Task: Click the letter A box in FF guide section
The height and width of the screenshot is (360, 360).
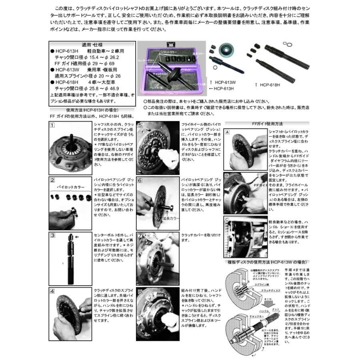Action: [x=227, y=132]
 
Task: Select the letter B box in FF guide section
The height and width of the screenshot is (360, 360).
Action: [x=227, y=175]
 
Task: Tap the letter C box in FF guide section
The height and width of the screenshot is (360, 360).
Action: [x=227, y=219]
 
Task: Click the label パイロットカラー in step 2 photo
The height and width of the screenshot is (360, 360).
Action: [x=71, y=187]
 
